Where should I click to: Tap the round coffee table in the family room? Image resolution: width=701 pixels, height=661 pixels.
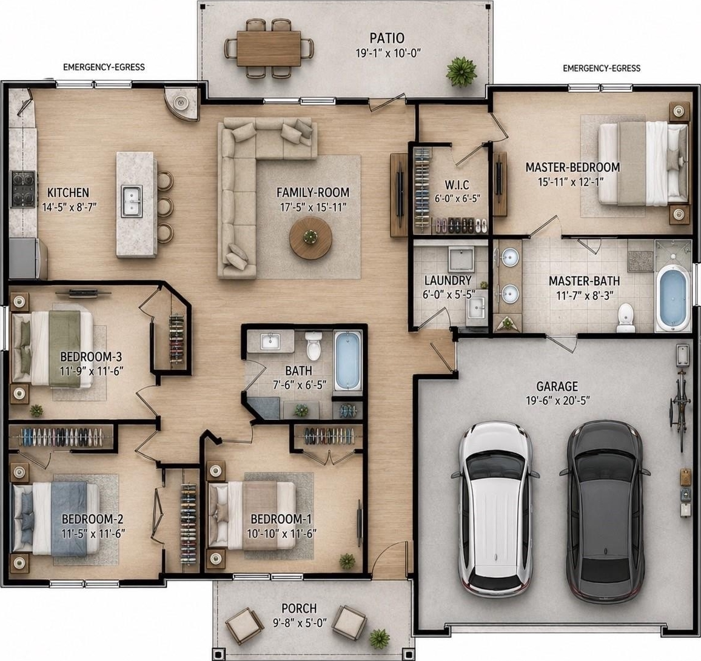[x=310, y=238]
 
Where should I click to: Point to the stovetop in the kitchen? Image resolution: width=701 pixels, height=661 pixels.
[x=23, y=189]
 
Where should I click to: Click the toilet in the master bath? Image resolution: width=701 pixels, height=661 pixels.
[x=625, y=318]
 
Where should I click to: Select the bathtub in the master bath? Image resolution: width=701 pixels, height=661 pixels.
[x=672, y=299]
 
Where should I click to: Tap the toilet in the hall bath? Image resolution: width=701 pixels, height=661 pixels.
[x=314, y=345]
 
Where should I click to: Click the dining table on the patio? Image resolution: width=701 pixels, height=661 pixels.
[x=269, y=49]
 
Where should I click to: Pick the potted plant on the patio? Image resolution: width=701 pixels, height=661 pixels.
[x=461, y=71]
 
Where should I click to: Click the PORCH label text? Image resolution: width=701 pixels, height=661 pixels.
[x=299, y=608]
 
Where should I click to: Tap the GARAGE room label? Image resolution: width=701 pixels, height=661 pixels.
[x=557, y=386]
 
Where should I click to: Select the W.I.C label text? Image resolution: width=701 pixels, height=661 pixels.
[x=457, y=184]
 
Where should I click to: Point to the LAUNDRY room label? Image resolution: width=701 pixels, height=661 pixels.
[x=448, y=280]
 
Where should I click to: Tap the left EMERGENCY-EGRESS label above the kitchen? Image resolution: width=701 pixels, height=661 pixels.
[x=104, y=67]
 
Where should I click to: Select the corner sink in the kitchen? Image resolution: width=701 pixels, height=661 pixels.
[x=181, y=103]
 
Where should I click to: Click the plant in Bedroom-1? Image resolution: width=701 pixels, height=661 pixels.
[x=346, y=561]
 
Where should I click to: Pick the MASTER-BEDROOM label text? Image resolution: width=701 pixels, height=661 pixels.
[x=572, y=167]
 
